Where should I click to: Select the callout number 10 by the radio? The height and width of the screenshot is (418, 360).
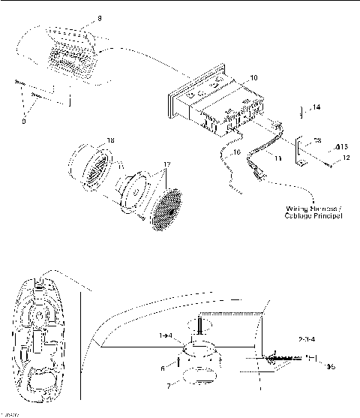coord(253,77)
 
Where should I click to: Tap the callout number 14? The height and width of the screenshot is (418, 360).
coord(316,108)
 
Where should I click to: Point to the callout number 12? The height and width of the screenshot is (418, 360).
coord(346,159)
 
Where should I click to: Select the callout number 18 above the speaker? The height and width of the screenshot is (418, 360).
coord(110,140)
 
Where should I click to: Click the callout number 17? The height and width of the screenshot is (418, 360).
coord(166,165)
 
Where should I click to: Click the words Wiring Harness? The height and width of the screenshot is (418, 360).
coord(310,209)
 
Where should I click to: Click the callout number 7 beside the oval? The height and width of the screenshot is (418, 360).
coord(168,385)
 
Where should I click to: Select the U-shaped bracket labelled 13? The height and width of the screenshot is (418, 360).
coord(302,151)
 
